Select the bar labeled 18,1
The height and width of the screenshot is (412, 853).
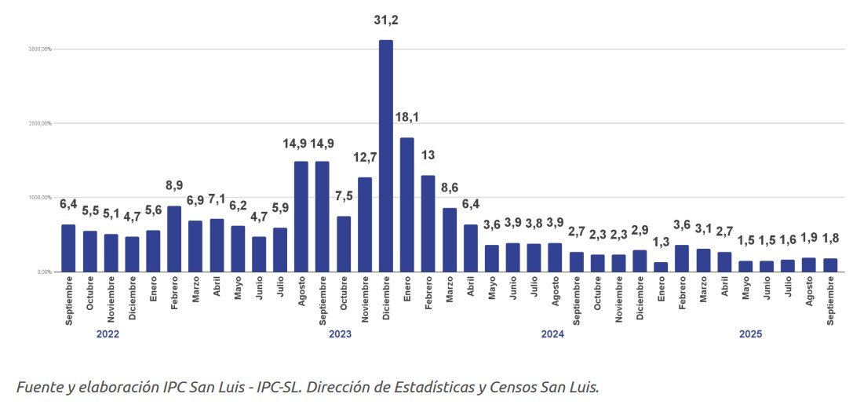pos(406,205)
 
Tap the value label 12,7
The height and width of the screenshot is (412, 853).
pos(365,158)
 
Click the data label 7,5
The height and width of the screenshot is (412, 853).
pos(343,195)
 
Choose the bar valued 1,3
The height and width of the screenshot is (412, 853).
pos(661,267)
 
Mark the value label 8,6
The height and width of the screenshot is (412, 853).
pos(450,188)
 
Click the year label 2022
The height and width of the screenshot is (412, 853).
pos(108,334)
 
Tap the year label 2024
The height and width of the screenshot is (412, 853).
pos(552,334)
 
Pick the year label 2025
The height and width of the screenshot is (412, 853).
pos(750,334)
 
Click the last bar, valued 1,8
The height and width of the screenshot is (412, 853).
pos(830,265)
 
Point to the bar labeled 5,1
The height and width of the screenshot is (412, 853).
pos(111,253)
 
